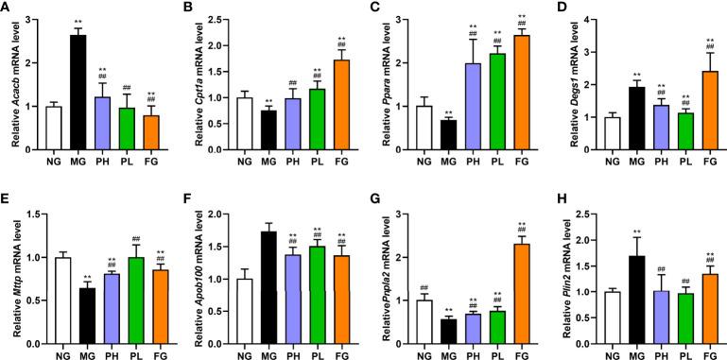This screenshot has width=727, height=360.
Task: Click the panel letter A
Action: (7, 9)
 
